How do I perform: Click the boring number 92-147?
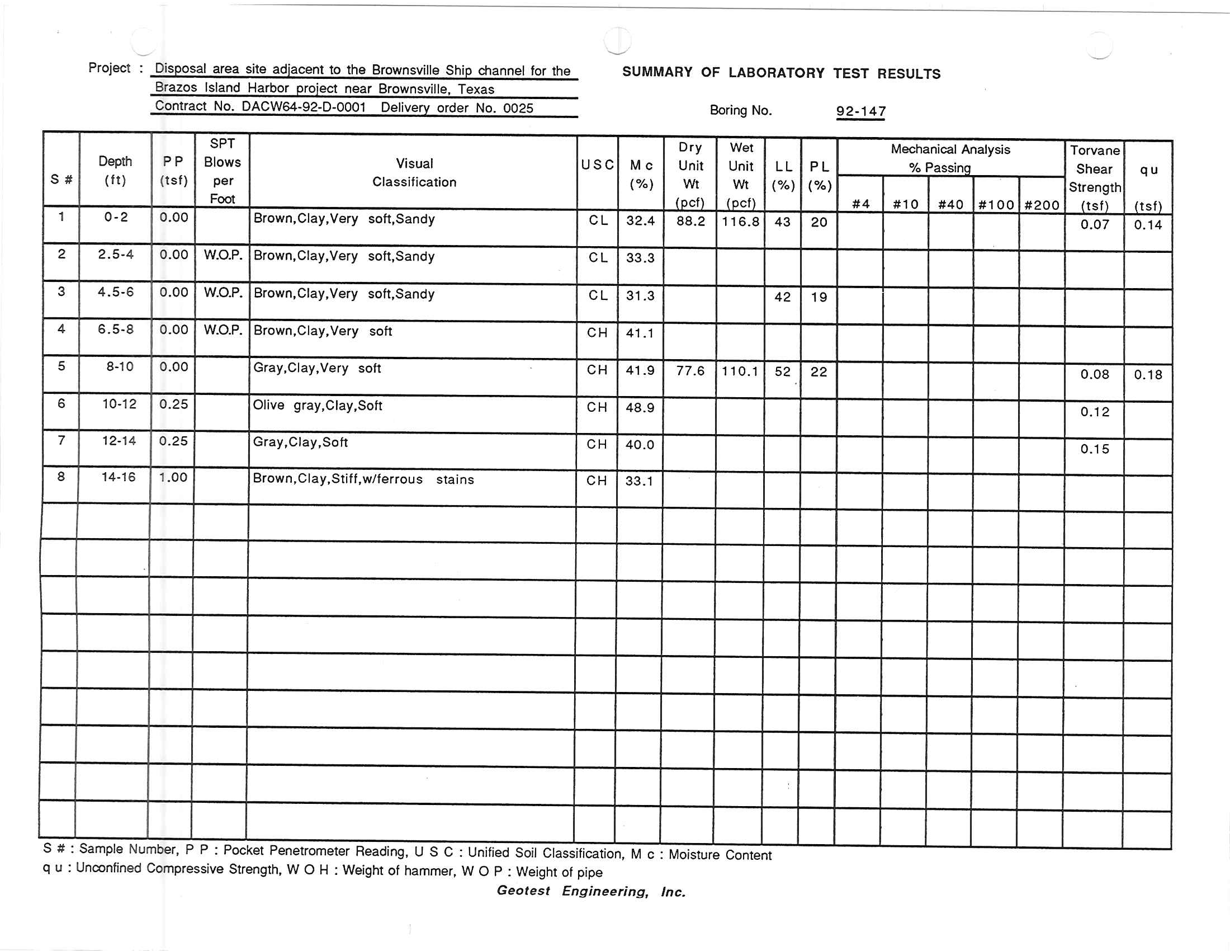[x=860, y=111]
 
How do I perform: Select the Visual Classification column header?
[x=414, y=172]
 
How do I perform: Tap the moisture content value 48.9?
[x=640, y=407]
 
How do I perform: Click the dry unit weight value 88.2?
[x=690, y=221]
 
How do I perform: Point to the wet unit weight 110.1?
[x=740, y=371]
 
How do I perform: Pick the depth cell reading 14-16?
[x=119, y=477]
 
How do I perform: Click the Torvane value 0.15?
[x=1094, y=449]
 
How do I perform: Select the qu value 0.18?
[x=1148, y=375]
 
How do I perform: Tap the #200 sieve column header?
[x=1042, y=205]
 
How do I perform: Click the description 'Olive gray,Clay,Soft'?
[x=318, y=406]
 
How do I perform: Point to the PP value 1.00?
[x=173, y=478]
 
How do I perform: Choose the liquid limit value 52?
[x=782, y=371]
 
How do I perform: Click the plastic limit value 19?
[x=819, y=297]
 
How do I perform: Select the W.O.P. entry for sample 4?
[x=223, y=330]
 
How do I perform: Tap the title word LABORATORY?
[x=775, y=73]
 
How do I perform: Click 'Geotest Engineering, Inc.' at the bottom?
[x=591, y=891]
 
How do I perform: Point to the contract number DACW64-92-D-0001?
[x=304, y=107]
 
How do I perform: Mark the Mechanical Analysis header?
[x=950, y=150]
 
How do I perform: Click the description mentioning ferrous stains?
[x=363, y=479]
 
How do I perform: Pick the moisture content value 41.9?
[x=640, y=370]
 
